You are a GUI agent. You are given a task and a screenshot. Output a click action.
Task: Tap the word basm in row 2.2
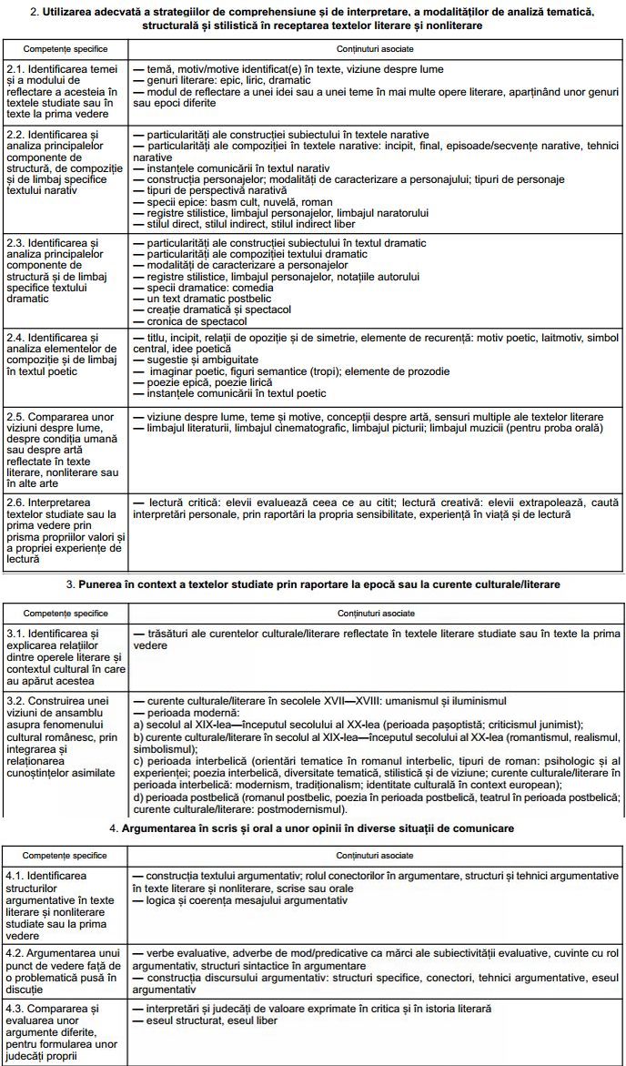pos(208,201)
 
